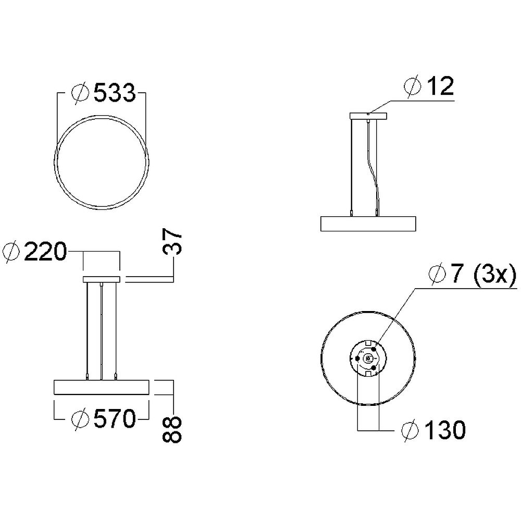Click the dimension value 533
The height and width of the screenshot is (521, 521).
click(114, 94)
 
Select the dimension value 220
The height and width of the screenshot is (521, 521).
click(45, 253)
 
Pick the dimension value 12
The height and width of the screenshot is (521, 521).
click(439, 86)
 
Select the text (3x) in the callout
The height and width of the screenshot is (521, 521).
click(494, 274)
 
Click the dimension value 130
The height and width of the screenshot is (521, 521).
click(444, 430)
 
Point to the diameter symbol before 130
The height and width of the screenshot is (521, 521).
click(412, 430)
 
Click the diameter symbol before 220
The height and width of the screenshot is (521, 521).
click(11, 253)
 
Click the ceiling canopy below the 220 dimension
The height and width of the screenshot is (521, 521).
click(102, 280)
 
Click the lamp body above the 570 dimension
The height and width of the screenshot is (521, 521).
click(102, 388)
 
